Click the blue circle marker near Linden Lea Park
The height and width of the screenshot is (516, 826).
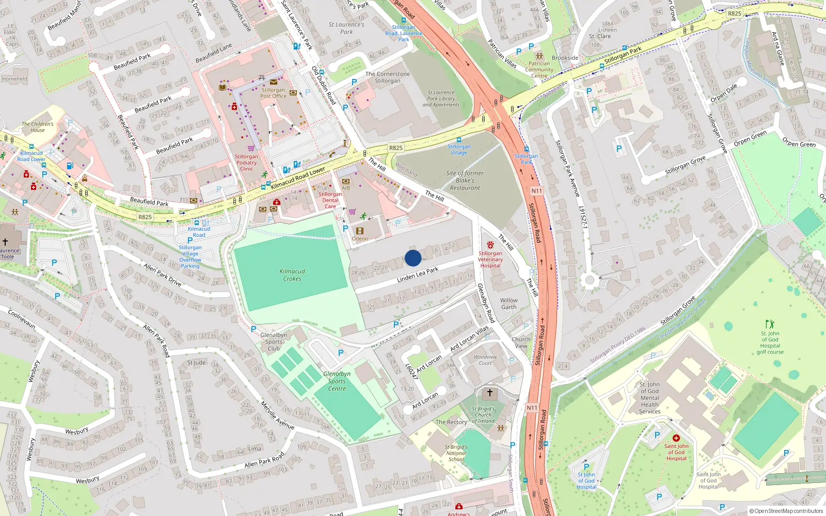click(413, 258)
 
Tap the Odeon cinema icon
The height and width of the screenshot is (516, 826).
click(360, 231)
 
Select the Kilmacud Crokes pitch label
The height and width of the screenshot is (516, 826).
click(292, 275)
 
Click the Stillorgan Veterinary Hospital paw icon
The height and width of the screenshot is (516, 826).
click(490, 245)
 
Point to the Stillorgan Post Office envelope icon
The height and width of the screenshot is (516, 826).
click(273, 82)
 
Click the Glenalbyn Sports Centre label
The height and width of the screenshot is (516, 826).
click(337, 381)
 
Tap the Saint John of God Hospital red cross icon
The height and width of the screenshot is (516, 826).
click(676, 438)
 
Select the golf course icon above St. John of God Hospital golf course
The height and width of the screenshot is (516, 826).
click(770, 324)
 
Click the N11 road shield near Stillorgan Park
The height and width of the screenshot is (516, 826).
click(537, 191)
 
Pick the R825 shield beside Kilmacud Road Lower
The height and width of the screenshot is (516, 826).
click(395, 148)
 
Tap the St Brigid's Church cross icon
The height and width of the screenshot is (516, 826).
click(490, 394)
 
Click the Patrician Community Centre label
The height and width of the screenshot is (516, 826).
click(539, 70)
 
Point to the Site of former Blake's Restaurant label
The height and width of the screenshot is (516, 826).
click(465, 181)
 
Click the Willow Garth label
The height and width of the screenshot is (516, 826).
click(509, 303)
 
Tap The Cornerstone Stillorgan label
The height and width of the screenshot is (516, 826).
click(388, 77)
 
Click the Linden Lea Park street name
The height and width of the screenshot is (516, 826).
click(418, 275)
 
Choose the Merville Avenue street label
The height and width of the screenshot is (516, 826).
click(277, 415)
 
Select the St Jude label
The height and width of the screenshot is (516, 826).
click(196, 362)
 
